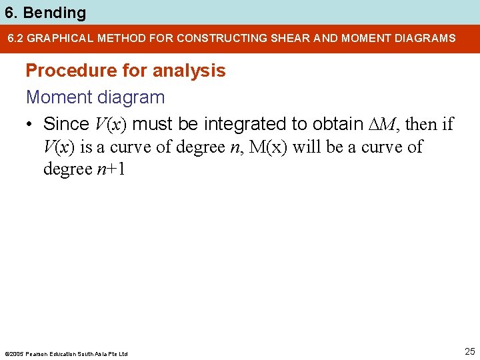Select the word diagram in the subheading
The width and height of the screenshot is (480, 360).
(131, 97)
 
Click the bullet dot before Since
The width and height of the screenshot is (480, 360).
(30, 124)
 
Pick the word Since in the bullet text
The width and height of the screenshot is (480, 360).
(65, 124)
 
